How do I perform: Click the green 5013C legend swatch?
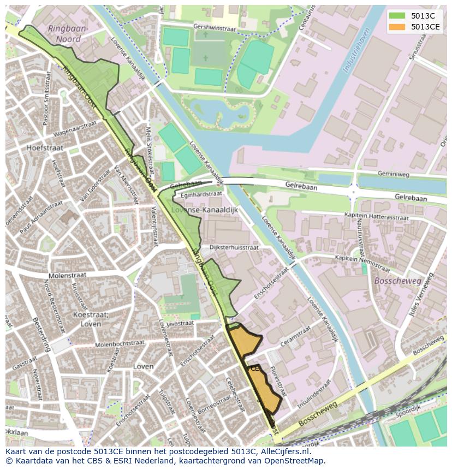pos(397,16)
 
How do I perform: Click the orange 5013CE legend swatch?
pos(397,27)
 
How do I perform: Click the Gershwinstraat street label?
pos(214,27)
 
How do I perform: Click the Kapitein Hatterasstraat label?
pos(377,216)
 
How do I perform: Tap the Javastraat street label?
pos(180,324)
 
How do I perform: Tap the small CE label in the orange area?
pos(255,368)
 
